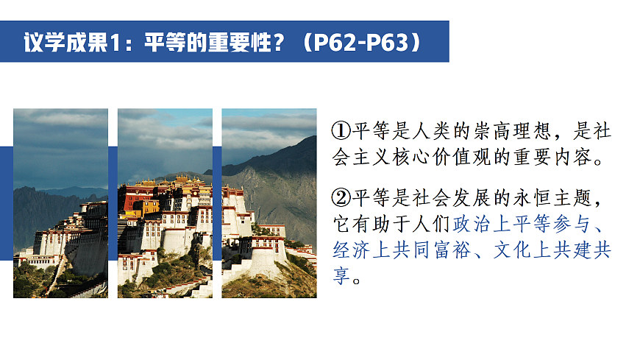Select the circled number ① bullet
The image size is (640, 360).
[341, 132]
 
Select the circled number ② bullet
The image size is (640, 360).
[341, 198]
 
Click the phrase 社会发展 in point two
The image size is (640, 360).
[447, 198]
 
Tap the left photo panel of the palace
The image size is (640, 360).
[60, 203]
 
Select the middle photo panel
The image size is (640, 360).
[165, 203]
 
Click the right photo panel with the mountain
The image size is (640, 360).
[269, 203]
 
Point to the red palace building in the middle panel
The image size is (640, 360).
[140, 197]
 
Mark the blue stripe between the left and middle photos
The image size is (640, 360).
[113, 203]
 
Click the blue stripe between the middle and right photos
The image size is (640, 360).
[217, 203]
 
